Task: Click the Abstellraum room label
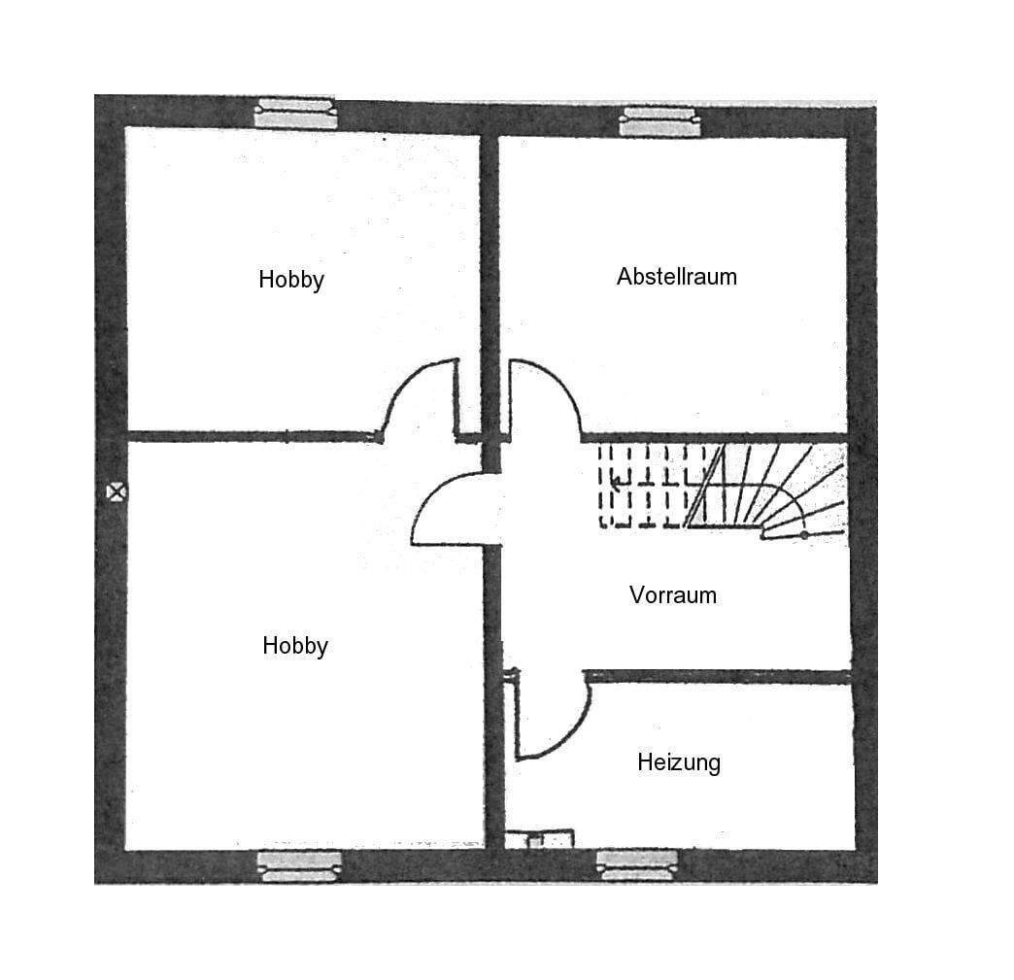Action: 676,277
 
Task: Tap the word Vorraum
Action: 672,594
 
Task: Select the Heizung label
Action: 679,762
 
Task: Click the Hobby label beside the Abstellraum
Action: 290,280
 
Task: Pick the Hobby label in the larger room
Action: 295,646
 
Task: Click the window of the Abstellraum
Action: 660,121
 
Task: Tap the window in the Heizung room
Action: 636,864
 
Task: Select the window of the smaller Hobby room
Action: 295,114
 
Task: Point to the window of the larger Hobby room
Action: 299,865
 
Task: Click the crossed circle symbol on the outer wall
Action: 117,491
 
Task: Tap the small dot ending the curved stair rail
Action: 804,535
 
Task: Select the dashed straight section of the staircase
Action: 646,486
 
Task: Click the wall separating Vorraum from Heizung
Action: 719,676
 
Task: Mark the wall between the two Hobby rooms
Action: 253,437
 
